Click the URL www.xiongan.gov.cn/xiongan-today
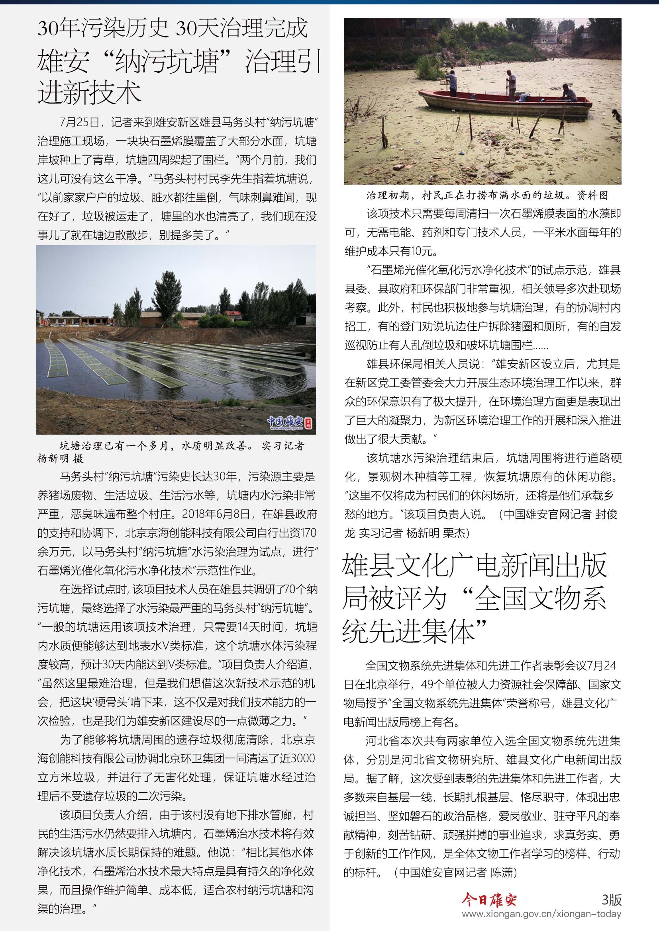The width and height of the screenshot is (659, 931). point(541,914)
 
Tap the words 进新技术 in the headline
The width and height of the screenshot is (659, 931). point(89,92)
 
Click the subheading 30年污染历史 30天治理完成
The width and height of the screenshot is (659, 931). point(173,28)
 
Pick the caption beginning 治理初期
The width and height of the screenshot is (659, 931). point(487,195)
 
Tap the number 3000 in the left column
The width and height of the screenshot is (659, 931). point(303,758)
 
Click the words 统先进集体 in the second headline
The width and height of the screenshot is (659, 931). point(414,631)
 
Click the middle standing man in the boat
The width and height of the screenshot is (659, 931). point(511,84)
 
